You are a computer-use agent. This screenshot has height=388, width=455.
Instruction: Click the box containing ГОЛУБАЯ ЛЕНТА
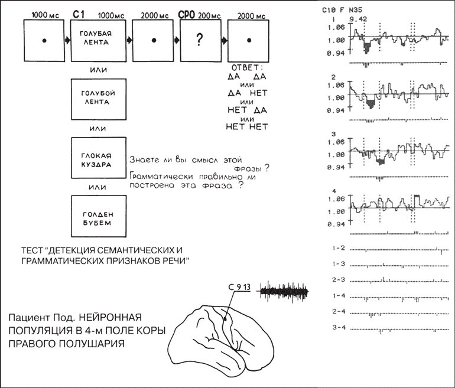click(98, 40)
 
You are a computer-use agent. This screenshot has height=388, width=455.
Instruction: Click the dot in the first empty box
click(44, 40)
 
